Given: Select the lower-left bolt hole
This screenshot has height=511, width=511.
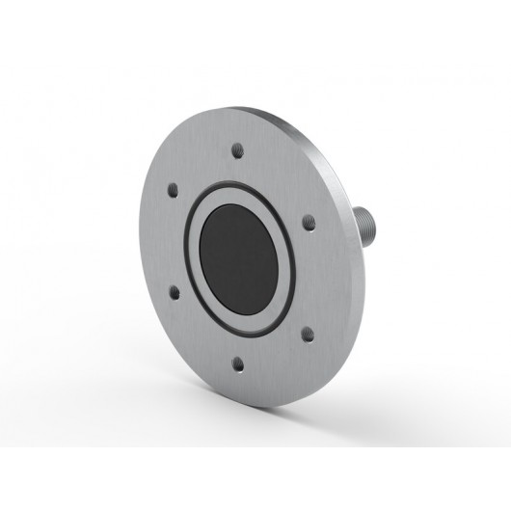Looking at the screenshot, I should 174,288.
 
